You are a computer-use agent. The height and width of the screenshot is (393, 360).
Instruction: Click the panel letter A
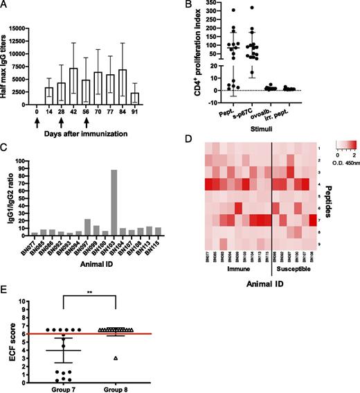tap(5, 6)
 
